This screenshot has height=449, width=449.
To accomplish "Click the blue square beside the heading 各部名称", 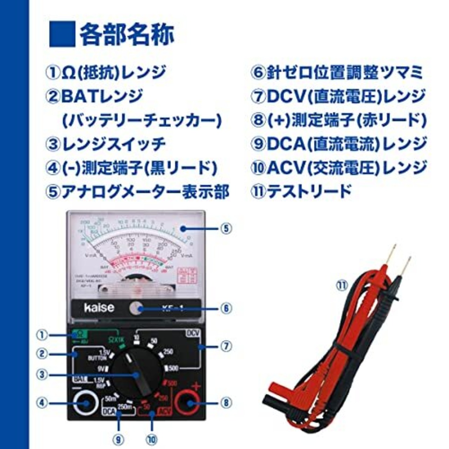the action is (62, 34).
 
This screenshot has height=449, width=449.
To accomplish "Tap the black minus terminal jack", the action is (86, 403).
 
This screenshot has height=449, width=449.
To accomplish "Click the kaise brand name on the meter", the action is (99, 308).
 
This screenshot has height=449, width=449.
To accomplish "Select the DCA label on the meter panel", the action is (109, 411).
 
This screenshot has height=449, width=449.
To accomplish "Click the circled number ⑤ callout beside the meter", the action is (226, 229).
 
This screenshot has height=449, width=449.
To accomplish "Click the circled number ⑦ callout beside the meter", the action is (226, 347).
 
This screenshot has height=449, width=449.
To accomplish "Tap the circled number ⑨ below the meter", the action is (118, 438).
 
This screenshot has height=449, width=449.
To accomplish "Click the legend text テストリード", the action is (309, 192).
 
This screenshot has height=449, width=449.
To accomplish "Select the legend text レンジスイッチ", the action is (113, 144).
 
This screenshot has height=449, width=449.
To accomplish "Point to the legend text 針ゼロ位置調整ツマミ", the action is (344, 73).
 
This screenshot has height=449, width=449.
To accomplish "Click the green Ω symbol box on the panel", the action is (80, 334).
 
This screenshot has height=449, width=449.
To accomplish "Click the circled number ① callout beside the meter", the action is (42, 335).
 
